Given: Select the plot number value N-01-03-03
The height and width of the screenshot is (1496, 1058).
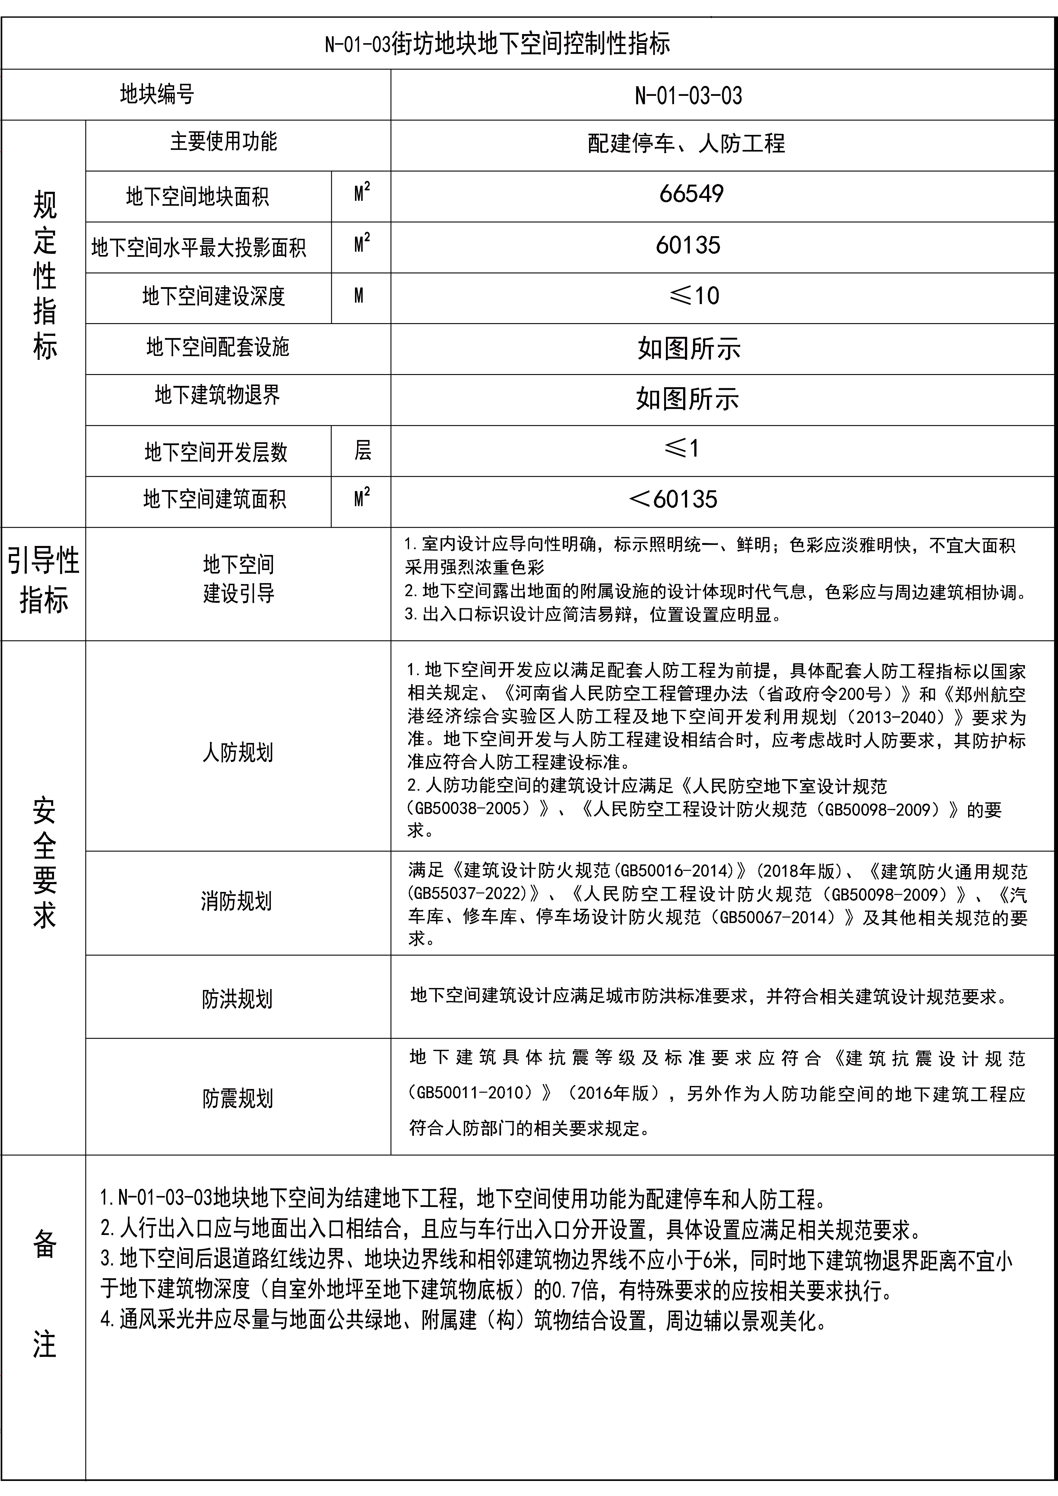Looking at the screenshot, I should point(688,96).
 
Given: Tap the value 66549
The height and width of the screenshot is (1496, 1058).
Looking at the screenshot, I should point(691,194).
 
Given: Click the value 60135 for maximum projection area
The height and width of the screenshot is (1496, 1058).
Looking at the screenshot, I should point(688,245).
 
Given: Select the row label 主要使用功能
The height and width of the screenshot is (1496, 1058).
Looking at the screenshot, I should point(223,141).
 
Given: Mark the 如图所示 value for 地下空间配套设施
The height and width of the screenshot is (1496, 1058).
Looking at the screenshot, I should point(689,348).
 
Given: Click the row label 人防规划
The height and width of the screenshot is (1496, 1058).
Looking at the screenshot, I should point(237,753).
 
